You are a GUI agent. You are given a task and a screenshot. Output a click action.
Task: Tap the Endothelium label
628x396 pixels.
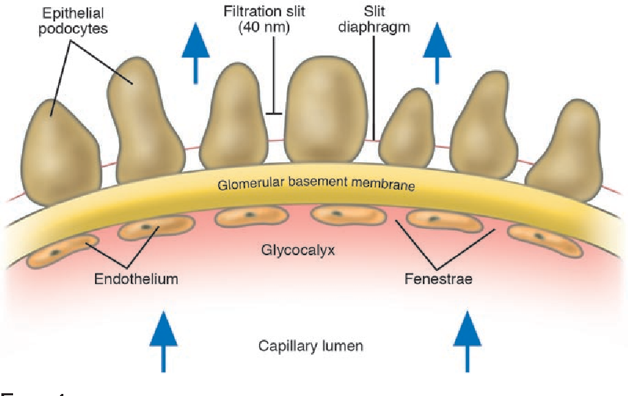pos(136,278)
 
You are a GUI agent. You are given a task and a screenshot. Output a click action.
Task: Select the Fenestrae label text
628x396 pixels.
pos(437,278)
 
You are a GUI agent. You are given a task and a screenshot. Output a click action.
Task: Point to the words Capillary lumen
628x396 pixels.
pos(311,345)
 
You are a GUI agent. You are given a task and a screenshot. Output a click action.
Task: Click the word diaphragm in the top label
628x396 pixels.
pos(373,29)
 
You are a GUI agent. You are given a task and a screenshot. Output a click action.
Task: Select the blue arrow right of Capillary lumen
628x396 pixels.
pos(468,340)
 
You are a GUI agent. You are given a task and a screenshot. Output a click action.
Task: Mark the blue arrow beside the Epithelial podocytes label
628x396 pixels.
pos(196,50)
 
